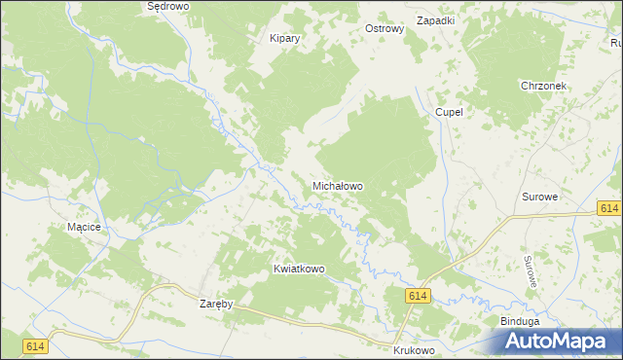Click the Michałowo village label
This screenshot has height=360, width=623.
point(338,185)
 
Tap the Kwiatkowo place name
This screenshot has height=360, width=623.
point(299,269)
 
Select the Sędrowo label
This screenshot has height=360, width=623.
point(166,6)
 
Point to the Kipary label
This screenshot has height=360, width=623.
point(284,39)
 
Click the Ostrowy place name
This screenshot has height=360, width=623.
point(384,29)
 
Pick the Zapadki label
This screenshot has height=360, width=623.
point(435,20)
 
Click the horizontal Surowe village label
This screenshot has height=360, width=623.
point(539,197)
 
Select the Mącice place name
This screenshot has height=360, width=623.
point(84,227)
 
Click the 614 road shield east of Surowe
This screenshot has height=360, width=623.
point(609,209)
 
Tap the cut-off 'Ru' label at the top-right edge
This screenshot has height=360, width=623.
point(616,42)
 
